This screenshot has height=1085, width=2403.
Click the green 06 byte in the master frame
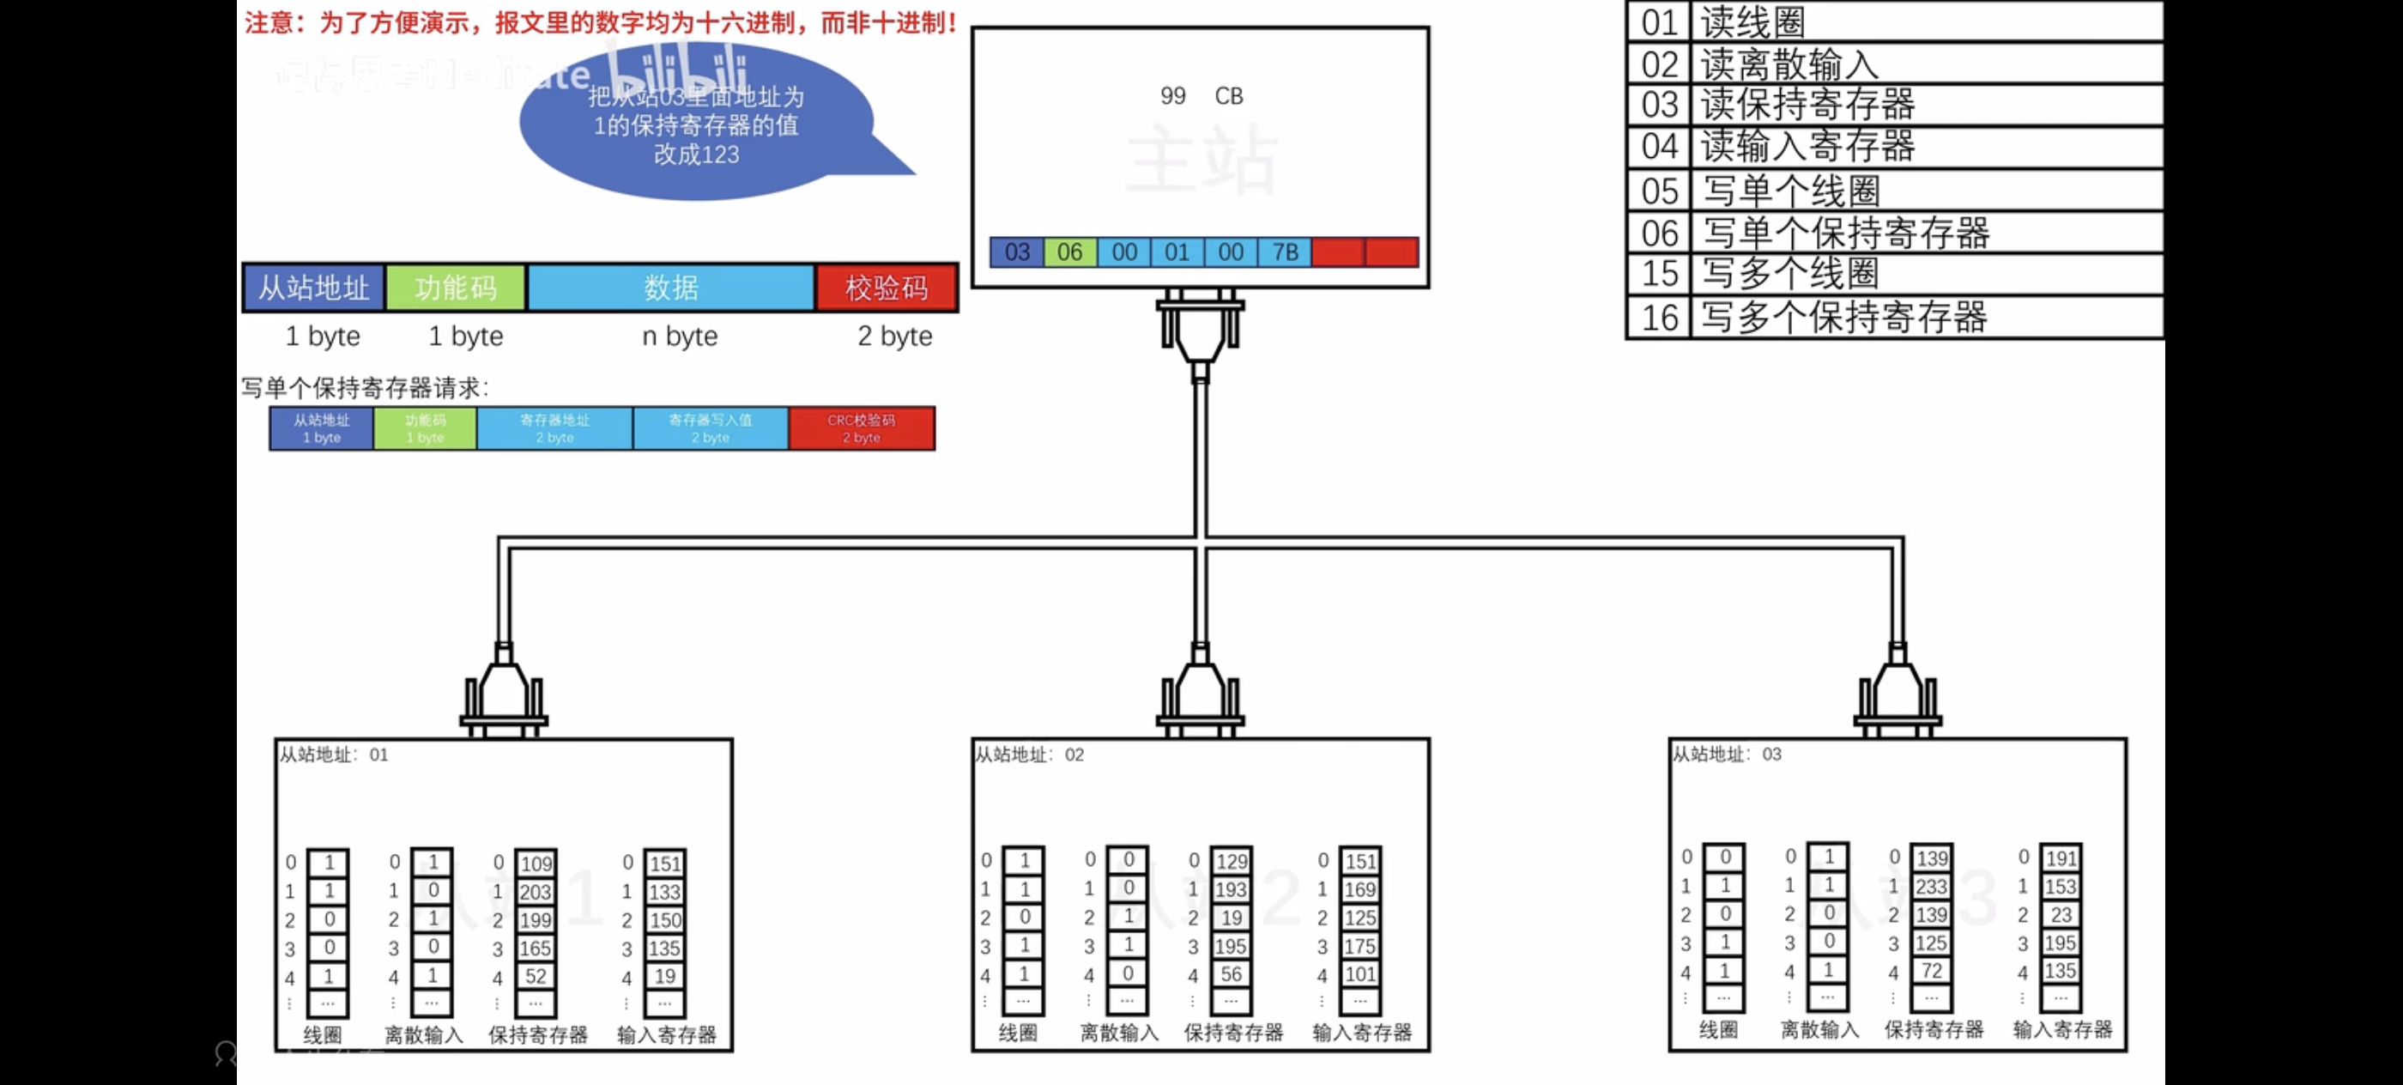(1070, 252)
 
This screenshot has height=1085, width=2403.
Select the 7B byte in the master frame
(1285, 252)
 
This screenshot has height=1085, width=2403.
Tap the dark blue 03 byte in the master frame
(1017, 252)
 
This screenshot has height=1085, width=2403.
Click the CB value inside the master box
(1229, 96)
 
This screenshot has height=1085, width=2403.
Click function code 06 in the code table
(1661, 233)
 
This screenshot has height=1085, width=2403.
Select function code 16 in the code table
(1661, 318)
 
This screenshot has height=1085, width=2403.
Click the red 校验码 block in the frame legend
(887, 288)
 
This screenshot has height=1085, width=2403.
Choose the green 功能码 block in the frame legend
(457, 288)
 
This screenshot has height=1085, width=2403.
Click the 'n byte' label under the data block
(679, 336)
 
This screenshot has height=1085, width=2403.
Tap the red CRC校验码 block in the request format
(861, 428)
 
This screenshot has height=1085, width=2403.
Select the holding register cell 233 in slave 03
(1931, 887)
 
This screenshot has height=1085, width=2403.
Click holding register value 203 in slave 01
(536, 892)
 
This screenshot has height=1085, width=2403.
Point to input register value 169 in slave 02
(1360, 889)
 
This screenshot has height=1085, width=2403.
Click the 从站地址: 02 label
(1030, 755)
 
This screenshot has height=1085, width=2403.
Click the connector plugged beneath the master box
(1201, 331)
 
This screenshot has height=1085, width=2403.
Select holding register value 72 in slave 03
(1931, 970)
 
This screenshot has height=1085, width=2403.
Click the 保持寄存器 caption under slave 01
(538, 1034)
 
